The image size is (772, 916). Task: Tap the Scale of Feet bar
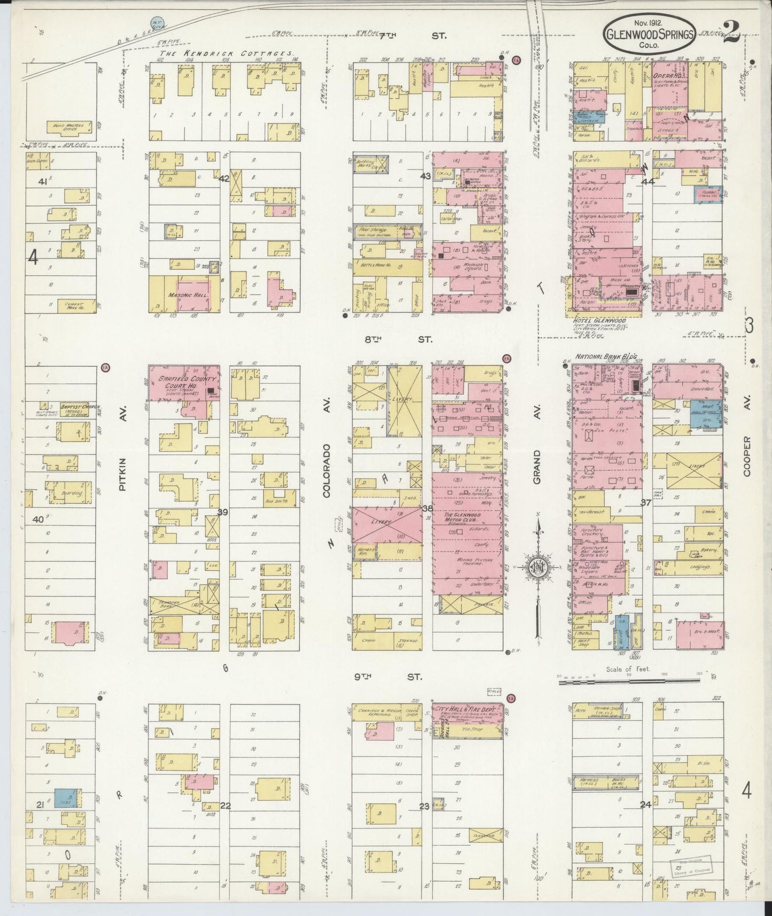630,680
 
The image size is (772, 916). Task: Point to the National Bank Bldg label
601,356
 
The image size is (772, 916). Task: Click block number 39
222,513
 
